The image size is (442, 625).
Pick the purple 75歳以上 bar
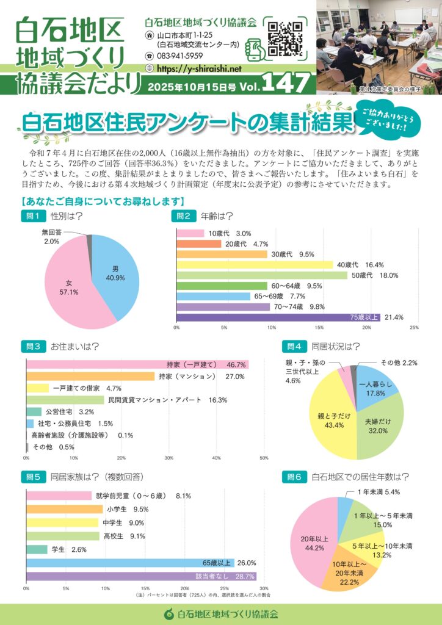coord(278,317)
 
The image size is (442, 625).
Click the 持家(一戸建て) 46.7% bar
coord(137,364)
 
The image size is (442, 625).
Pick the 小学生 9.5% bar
coord(64,509)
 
